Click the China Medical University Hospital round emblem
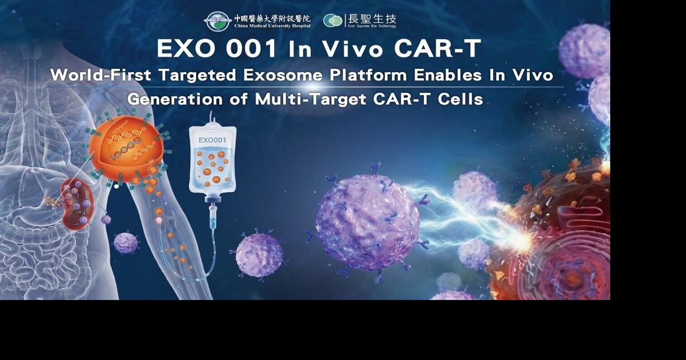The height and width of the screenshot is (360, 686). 218,21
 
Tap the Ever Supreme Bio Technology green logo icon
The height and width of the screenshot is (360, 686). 333,21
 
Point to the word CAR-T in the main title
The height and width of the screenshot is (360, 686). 437,49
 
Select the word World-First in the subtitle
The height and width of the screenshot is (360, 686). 101,76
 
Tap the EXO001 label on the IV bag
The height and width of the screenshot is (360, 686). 212,140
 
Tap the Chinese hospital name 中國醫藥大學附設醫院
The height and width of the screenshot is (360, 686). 272,18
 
